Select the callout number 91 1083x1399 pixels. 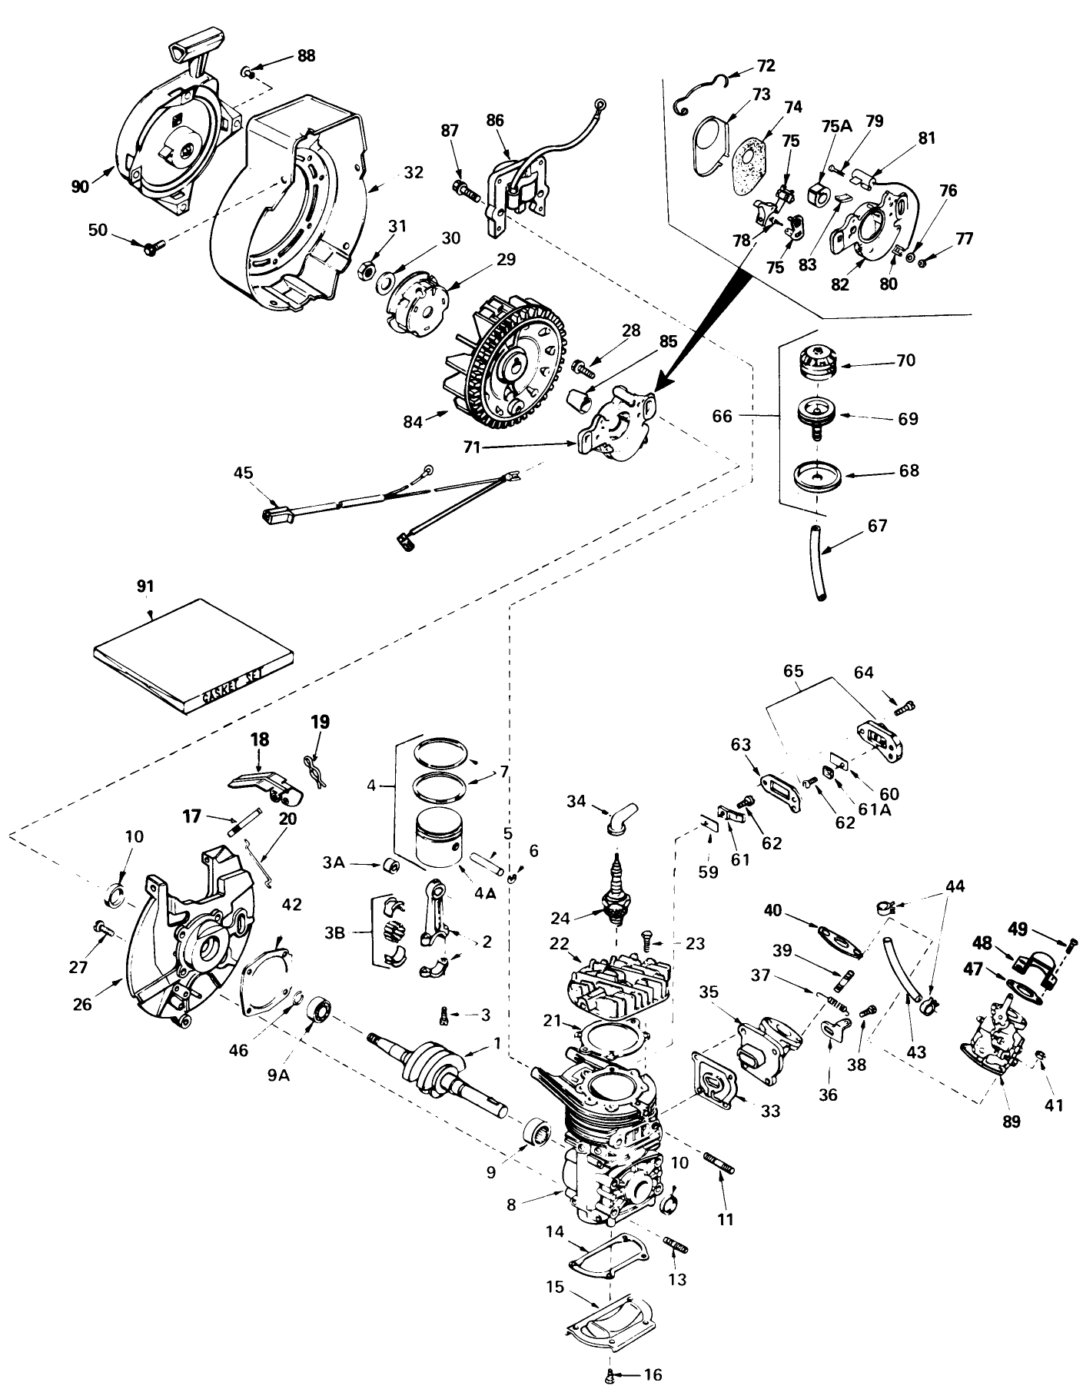145,587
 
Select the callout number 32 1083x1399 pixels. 413,173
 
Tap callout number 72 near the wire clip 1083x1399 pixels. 766,65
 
